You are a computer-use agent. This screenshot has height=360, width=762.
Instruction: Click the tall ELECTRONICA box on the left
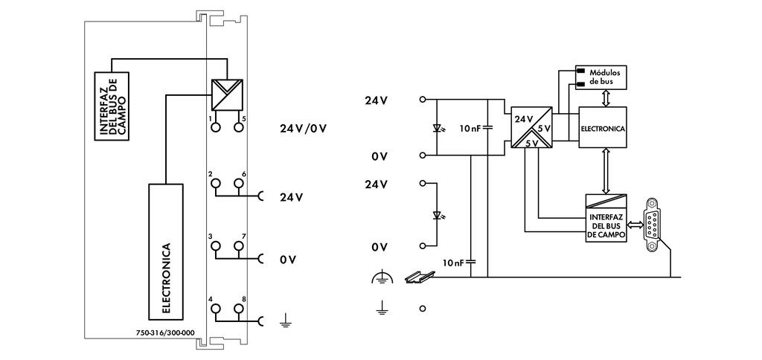165,248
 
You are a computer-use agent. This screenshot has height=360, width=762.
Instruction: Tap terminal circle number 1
217,127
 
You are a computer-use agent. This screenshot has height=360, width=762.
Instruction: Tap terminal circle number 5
238,127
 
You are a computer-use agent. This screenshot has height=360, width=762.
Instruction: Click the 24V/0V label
304,128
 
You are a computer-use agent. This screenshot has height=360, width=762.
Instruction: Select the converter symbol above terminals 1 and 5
228,94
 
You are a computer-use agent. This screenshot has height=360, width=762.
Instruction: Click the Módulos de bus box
602,77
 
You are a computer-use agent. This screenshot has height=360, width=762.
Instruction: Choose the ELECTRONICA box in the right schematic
602,128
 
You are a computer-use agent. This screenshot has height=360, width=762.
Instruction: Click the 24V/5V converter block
531,128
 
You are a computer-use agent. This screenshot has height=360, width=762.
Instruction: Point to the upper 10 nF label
470,128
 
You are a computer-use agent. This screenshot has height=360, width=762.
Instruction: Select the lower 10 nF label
454,263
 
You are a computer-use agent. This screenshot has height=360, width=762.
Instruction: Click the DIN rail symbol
417,277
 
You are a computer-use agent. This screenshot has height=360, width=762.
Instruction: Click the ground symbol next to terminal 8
284,321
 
